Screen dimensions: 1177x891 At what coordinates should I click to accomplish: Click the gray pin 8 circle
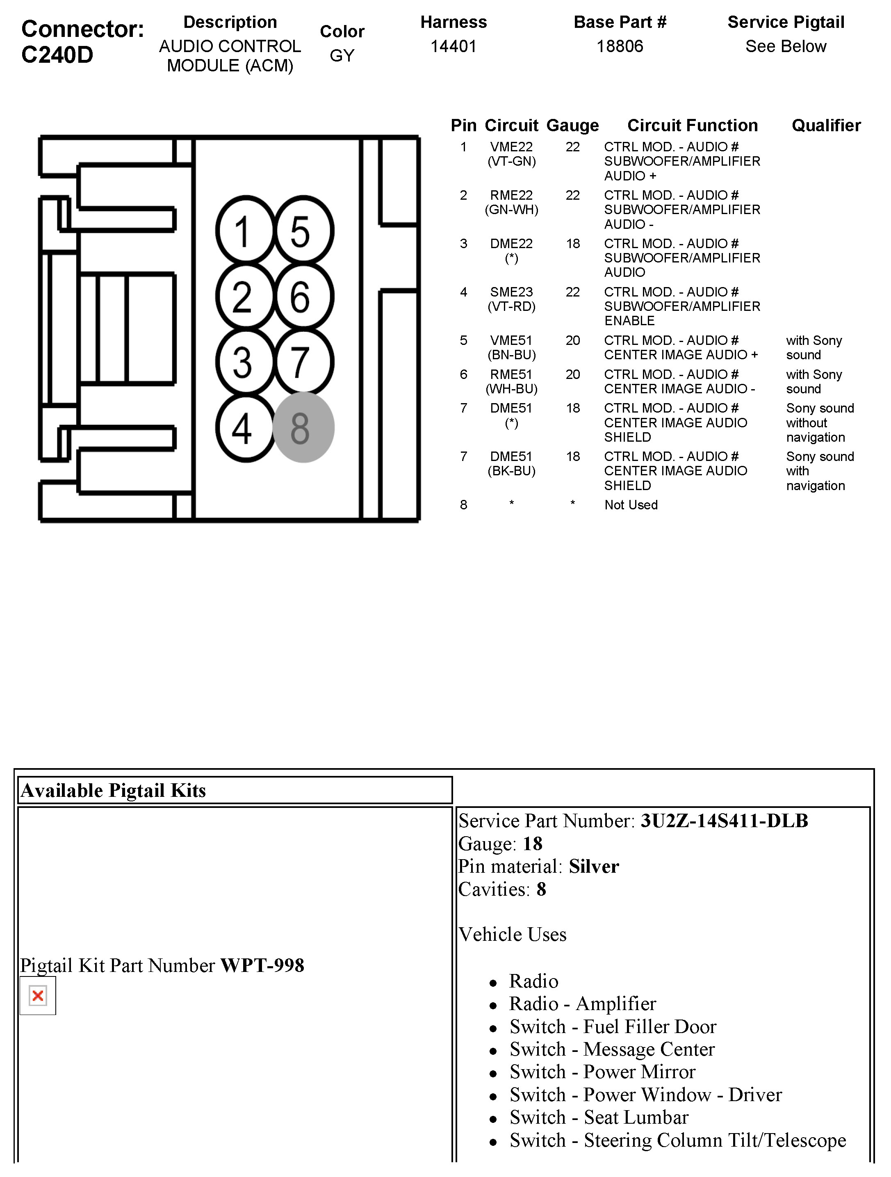coord(303,427)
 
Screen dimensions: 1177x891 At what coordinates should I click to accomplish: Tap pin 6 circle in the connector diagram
coord(303,297)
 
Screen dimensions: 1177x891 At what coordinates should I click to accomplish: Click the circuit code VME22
coord(511,147)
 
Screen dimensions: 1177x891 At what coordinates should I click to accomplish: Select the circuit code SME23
coord(511,292)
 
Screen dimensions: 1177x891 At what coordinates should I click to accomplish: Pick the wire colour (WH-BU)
coord(511,389)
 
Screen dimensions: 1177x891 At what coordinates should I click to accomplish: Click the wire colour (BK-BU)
coord(511,471)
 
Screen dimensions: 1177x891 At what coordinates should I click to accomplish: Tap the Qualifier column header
coord(825,125)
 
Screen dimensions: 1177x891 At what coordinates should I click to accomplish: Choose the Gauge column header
coord(572,125)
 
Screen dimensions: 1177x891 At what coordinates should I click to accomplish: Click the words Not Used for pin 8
coord(631,505)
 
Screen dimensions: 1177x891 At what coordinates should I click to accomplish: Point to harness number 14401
coord(453,47)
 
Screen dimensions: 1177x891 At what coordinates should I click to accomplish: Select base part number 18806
coord(620,47)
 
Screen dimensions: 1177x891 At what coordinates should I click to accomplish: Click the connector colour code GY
coord(342,55)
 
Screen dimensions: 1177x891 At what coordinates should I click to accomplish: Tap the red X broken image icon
coord(38,996)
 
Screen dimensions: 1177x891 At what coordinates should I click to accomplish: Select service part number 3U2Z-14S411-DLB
coord(724,821)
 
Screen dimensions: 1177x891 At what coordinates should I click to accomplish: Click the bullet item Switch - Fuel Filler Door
coord(613,1026)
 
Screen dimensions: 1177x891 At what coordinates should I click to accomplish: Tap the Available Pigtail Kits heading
coord(113,791)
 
